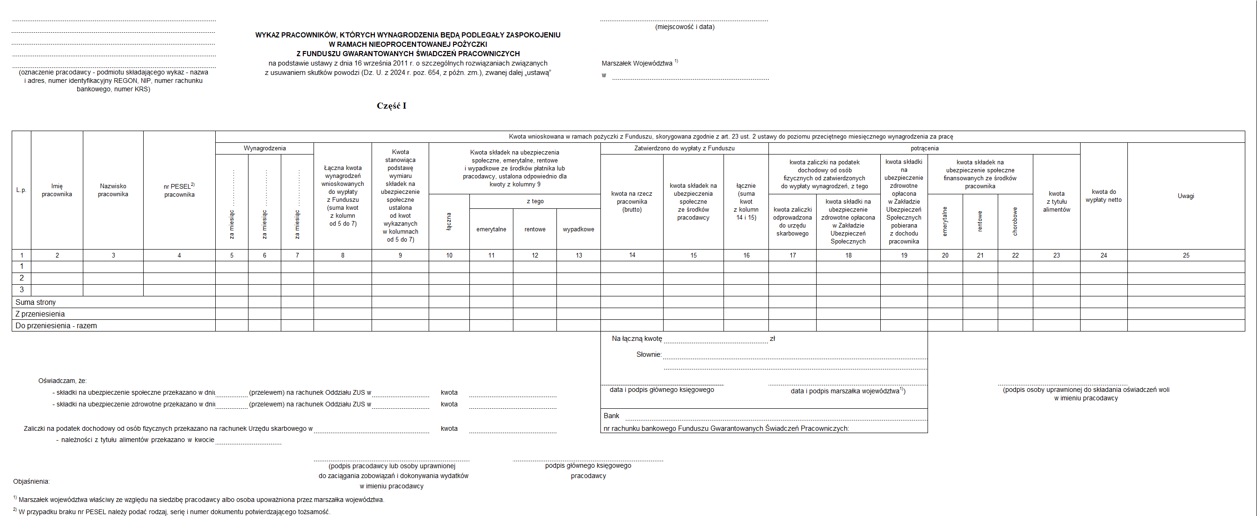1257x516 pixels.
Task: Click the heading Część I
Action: [x=391, y=106]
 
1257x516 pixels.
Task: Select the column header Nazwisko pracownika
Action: [x=113, y=191]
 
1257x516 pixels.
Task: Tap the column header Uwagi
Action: [x=1186, y=196]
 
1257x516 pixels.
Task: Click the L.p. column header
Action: [x=21, y=191]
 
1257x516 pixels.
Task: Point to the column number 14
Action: [x=632, y=255]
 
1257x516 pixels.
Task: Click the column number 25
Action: [x=1186, y=255]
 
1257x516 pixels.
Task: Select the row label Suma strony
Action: [x=36, y=302]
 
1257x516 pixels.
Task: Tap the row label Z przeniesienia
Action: [x=40, y=314]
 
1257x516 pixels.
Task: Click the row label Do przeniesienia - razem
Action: [x=56, y=325]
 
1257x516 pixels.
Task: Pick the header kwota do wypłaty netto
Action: [x=1104, y=196]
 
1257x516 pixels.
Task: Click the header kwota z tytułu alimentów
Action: [x=1056, y=202]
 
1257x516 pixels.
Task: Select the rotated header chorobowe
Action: [x=1015, y=221]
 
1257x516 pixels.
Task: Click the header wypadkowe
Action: [x=578, y=229]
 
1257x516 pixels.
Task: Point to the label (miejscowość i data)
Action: [x=685, y=27]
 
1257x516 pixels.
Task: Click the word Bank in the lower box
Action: [x=612, y=416]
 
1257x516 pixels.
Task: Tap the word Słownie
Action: [x=649, y=354]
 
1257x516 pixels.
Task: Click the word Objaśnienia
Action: [x=31, y=481]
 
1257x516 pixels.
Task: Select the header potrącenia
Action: [x=924, y=148]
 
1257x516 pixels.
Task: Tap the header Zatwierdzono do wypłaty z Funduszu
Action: [x=684, y=148]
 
